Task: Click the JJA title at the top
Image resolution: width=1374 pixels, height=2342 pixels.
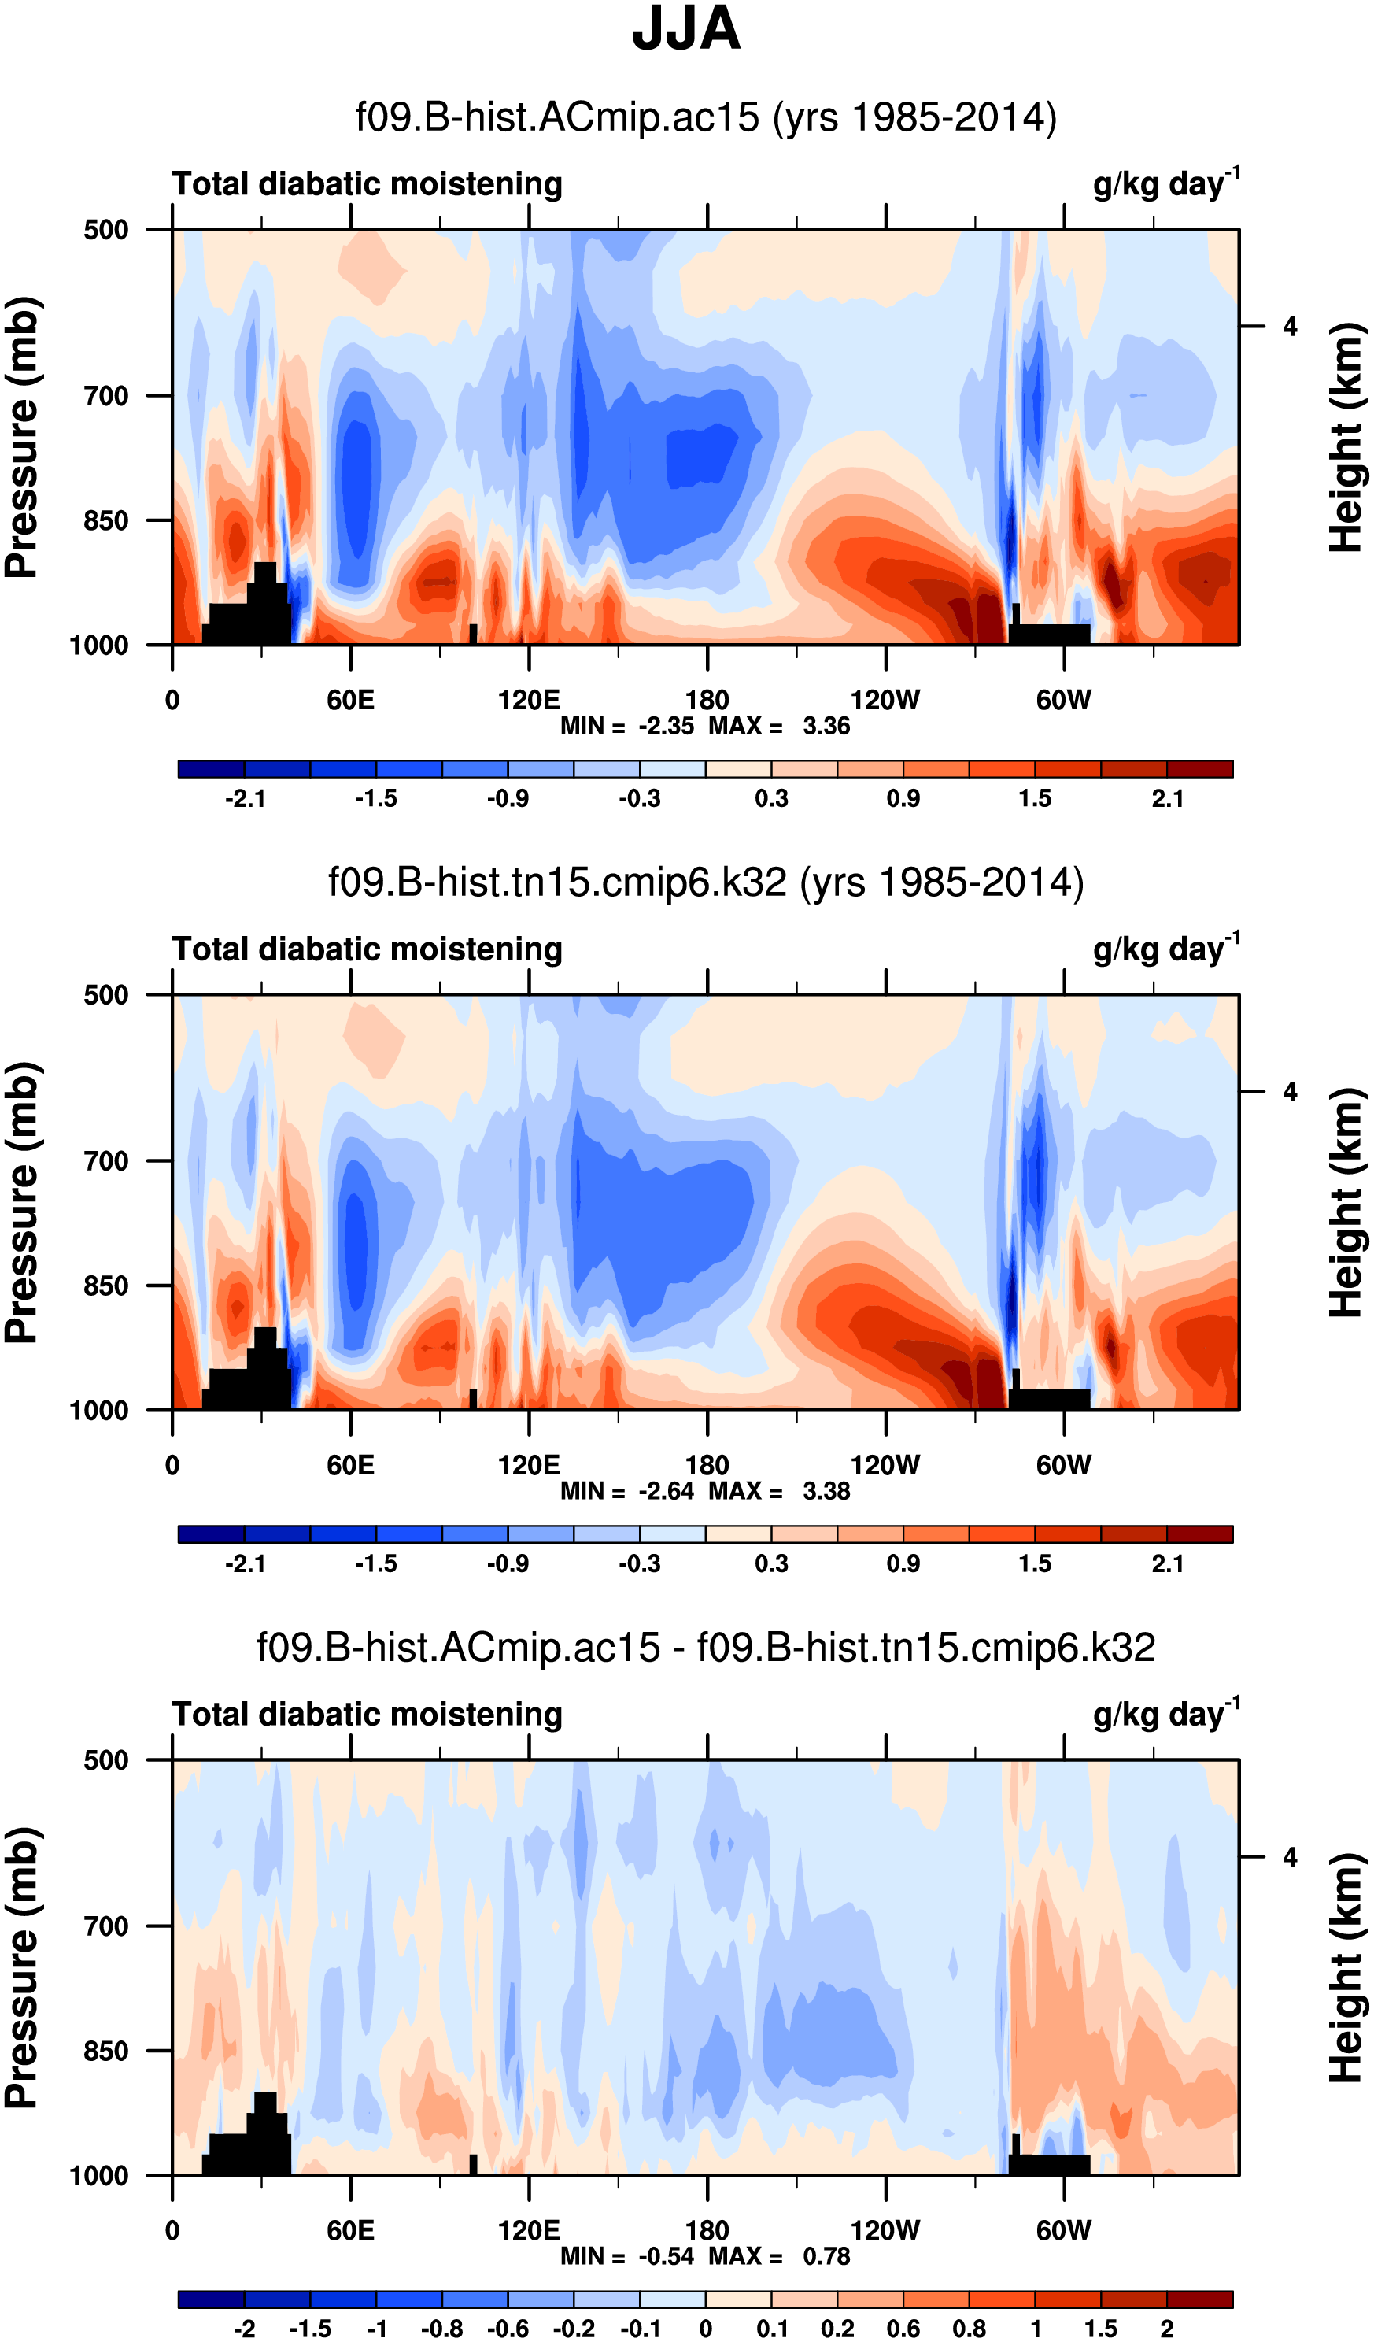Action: [x=685, y=30]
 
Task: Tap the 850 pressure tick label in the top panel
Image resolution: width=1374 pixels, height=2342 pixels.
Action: [x=106, y=521]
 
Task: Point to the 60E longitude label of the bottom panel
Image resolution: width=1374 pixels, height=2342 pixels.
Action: [x=350, y=2230]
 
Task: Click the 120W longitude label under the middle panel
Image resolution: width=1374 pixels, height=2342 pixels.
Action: [x=885, y=1466]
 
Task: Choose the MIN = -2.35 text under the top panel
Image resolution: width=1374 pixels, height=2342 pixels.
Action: [x=627, y=726]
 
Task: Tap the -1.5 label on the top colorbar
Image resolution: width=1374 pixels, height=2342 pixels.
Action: [x=375, y=798]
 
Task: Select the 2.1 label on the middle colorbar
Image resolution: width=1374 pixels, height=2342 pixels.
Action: [x=1167, y=1563]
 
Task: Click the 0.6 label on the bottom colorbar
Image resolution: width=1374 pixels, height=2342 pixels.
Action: [x=903, y=2329]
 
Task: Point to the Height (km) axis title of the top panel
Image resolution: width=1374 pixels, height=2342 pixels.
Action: [x=1346, y=437]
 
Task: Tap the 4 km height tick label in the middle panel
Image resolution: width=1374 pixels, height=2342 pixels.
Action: [x=1290, y=1092]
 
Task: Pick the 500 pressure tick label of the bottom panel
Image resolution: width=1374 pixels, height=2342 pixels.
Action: [x=106, y=1760]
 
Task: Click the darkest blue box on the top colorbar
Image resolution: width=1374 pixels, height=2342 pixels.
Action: [x=211, y=768]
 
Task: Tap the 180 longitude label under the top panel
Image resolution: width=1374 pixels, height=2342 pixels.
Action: [x=707, y=700]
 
